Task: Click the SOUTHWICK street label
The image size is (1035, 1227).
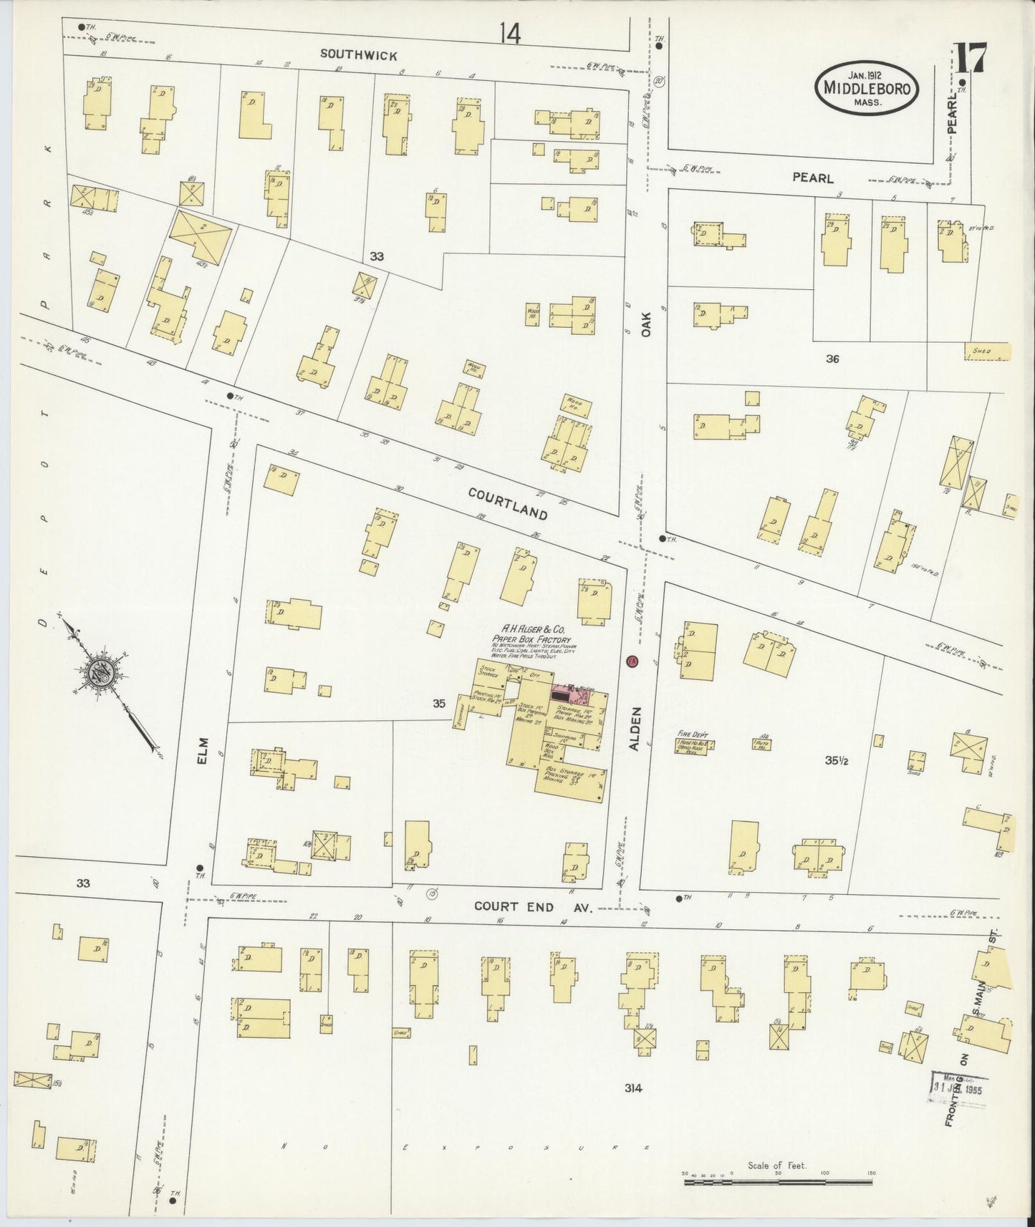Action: (x=358, y=54)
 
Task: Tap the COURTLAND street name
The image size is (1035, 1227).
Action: (x=508, y=503)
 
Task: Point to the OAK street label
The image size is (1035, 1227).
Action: (x=646, y=323)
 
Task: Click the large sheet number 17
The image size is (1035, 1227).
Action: (x=971, y=59)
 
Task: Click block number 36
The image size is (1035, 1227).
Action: (x=832, y=359)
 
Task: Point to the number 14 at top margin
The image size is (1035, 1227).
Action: (x=510, y=33)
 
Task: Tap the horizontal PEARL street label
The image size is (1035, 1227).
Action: (x=812, y=178)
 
